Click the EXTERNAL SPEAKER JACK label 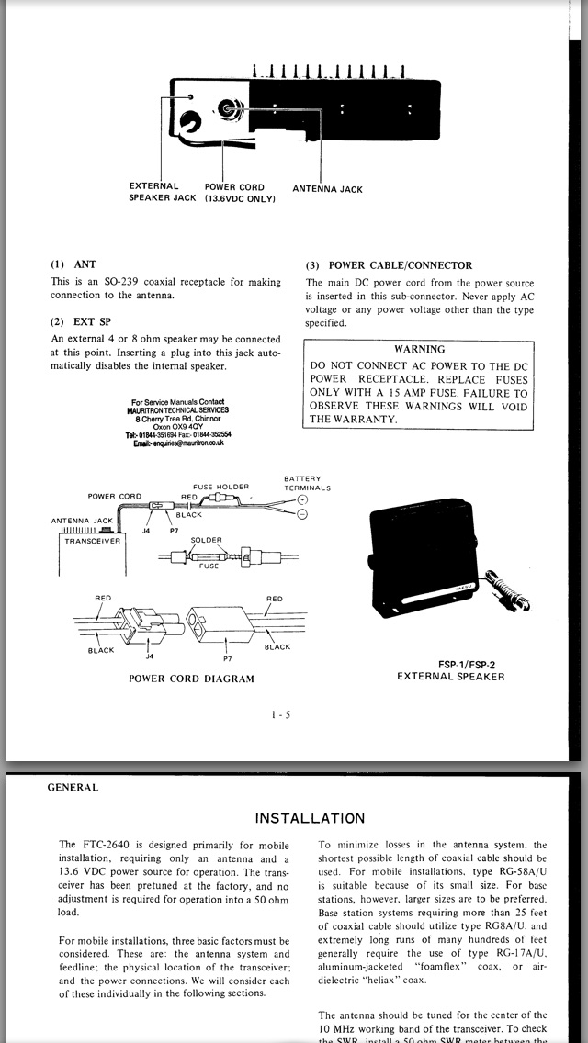click(x=162, y=192)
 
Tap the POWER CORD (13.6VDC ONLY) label click(x=239, y=192)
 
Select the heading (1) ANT click(x=73, y=264)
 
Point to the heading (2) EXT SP click(x=81, y=321)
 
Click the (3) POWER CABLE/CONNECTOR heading click(x=389, y=265)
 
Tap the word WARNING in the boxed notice click(x=419, y=349)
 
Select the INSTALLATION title click(x=309, y=818)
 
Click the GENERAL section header click(x=73, y=787)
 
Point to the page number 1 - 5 click(x=281, y=715)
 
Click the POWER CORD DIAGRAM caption click(x=191, y=679)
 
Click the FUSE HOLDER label click(x=220, y=487)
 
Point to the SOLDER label click(x=206, y=541)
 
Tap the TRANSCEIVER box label click(x=92, y=541)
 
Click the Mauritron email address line click(x=178, y=443)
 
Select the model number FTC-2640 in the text click(x=102, y=845)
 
